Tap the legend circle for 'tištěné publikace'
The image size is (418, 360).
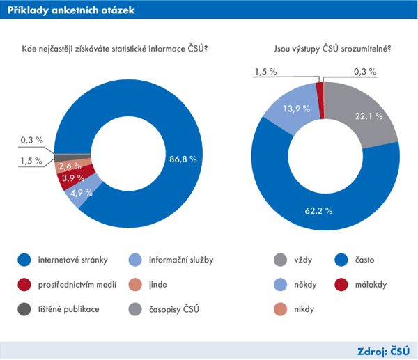point(24,308)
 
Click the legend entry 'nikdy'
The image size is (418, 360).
point(302,308)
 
